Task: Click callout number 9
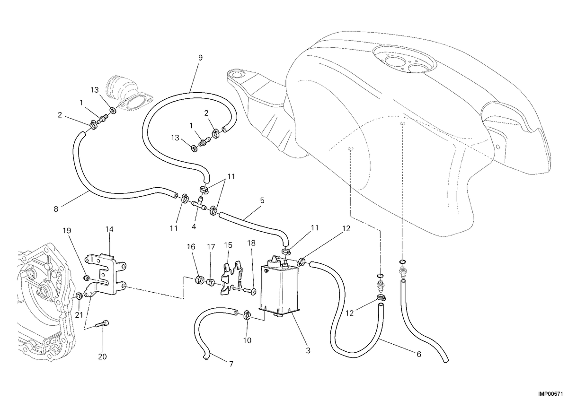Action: pos(200,58)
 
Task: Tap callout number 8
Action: pos(56,209)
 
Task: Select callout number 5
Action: pos(262,200)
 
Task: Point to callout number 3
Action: pos(308,351)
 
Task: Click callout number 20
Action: pos(102,357)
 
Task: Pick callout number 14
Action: pos(109,229)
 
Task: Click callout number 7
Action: pos(231,364)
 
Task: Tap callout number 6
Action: pos(418,354)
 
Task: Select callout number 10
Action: pos(247,340)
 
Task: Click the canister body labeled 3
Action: pos(279,286)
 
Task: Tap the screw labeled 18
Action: pos(250,291)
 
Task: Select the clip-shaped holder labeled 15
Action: pos(231,278)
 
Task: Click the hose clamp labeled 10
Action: pos(247,314)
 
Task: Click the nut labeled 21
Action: pos(79,296)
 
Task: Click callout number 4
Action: pos(194,227)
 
